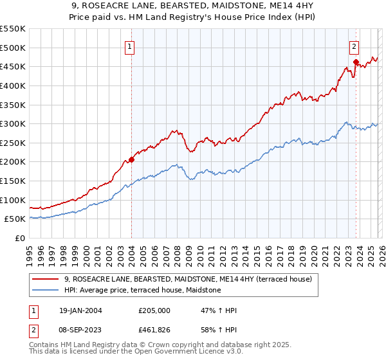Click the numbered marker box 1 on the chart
tap(130, 46)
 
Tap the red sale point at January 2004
tap(131, 159)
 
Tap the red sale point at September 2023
tap(355, 62)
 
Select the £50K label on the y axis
tap(15, 219)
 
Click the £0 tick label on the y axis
tap(21, 238)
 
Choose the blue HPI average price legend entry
tap(142, 291)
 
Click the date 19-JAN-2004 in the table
tap(79, 310)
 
